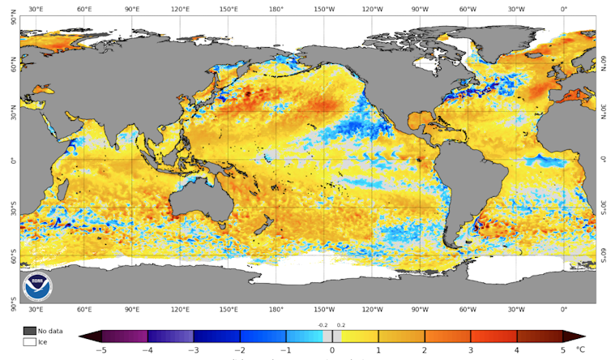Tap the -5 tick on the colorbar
101,350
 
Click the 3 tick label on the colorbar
471,350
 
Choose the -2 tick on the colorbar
240,350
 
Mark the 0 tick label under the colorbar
332,350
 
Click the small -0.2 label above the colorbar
323,325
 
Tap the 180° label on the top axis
276,10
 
